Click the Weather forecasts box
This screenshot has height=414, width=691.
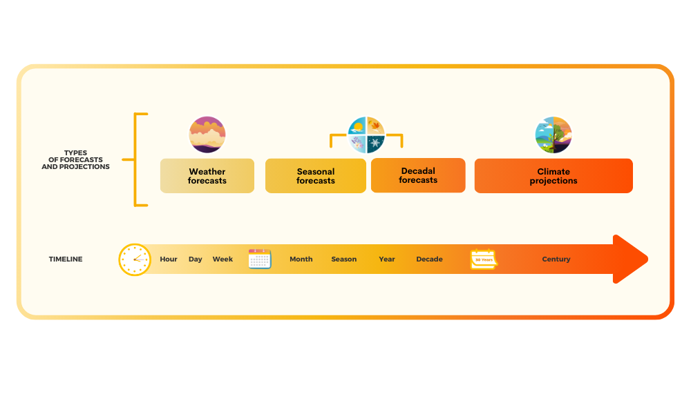pos(207,176)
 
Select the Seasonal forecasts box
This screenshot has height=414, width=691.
pos(316,176)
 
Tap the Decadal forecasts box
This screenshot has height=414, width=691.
pos(418,175)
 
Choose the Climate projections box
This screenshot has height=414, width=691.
pos(553,176)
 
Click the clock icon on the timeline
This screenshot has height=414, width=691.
pos(135,259)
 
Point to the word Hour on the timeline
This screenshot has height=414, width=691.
pos(169,259)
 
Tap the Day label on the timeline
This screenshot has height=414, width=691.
pos(196,259)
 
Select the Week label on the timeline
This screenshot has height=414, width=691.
pos(223,259)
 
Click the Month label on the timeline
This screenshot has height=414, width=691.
pos(301,259)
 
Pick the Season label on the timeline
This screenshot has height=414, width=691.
pos(343,259)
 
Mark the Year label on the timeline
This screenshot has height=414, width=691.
pos(387,259)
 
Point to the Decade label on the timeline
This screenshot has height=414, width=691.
pos(429,259)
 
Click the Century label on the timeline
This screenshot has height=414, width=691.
pos(556,259)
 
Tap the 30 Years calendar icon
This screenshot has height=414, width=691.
pos(484,259)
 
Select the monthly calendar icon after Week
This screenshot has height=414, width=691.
pos(260,259)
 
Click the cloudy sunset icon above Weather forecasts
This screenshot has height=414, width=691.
pos(207,135)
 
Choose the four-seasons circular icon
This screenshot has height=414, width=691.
pos(366,135)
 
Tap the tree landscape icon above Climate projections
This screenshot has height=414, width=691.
pos(553,135)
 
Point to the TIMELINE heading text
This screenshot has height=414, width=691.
pos(66,259)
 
